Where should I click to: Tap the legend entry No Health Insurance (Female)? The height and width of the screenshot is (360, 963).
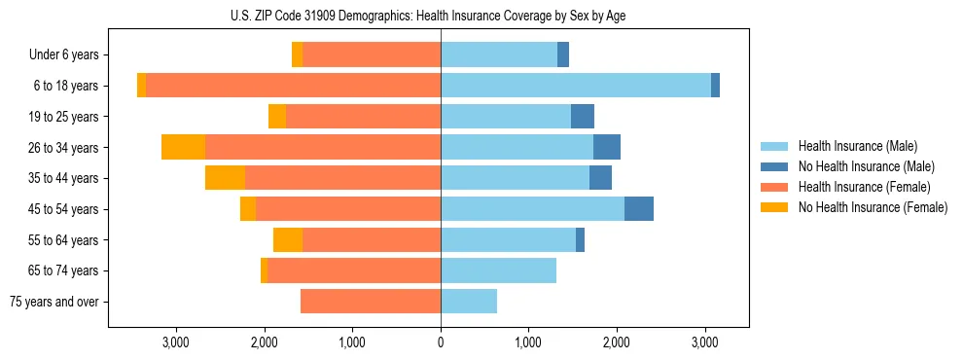872,207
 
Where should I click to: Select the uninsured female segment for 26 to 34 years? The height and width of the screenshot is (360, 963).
183,147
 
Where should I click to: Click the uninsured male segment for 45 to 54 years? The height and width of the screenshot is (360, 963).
638,209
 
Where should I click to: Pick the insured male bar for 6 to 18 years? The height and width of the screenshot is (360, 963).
576,86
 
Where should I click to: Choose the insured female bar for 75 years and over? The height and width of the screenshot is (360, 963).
371,302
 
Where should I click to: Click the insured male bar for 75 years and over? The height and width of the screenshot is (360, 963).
469,302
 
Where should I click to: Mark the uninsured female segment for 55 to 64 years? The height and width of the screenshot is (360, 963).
288,239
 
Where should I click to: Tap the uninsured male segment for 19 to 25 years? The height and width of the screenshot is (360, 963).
582,117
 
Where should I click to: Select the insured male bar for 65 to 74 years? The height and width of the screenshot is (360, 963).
498,270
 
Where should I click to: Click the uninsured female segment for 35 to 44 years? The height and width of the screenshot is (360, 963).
225,178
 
